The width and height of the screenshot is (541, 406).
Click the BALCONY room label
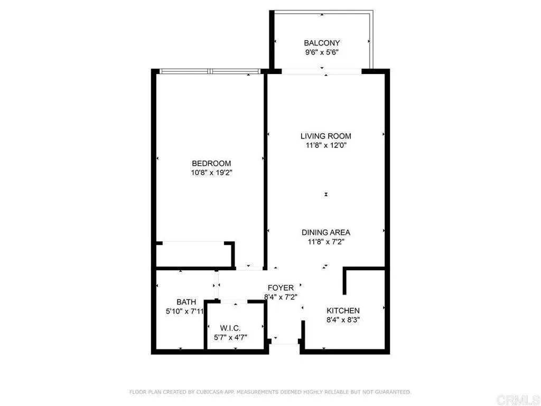point(321,43)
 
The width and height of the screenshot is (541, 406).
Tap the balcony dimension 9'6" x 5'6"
point(321,52)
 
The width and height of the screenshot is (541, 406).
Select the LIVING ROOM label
point(325,136)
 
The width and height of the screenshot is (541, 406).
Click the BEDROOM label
point(211,163)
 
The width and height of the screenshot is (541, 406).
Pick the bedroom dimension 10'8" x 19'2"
point(211,172)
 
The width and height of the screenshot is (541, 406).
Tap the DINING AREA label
point(325,232)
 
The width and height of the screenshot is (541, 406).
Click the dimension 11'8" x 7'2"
point(325,242)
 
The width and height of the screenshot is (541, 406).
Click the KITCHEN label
point(343,310)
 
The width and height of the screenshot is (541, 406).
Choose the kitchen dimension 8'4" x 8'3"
point(343,319)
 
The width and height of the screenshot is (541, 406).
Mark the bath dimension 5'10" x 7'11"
point(183,311)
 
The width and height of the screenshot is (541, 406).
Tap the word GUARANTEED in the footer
point(391,392)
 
